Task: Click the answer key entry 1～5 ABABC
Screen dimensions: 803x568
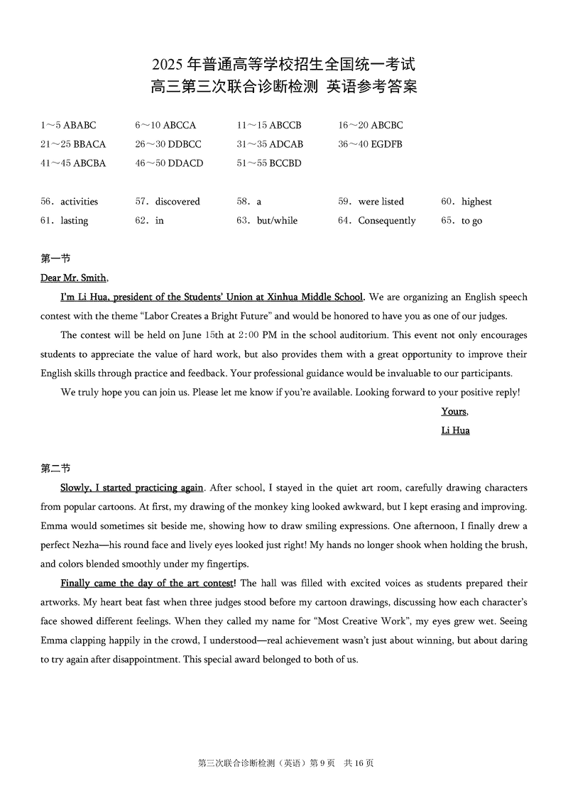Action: click(68, 126)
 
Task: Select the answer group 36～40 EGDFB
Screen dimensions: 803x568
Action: click(370, 144)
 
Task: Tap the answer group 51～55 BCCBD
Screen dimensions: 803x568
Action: click(269, 163)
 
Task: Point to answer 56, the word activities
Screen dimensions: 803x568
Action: click(79, 202)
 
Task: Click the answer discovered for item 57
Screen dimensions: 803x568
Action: click(177, 202)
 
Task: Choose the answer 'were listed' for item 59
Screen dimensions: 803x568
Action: click(381, 202)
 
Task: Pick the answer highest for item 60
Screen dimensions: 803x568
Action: click(476, 202)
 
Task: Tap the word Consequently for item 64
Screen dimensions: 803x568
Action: click(386, 221)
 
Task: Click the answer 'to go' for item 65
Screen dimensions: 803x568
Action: click(471, 221)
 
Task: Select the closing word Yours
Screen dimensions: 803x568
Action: click(454, 411)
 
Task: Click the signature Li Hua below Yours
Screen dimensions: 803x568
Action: click(455, 430)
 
